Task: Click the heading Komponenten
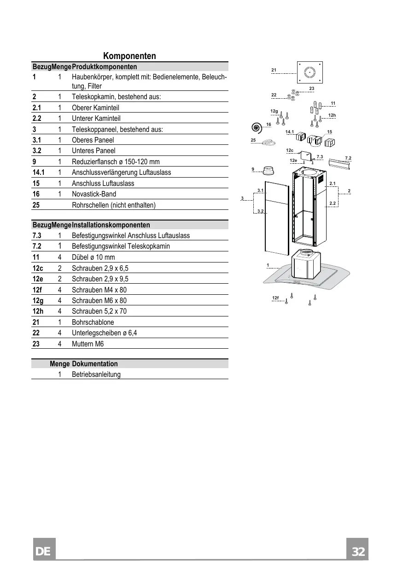coord(129,56)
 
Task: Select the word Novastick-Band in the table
coord(94,194)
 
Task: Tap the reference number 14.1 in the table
coord(39,173)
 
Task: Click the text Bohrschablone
coord(93,322)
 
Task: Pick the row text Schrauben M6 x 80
coord(99,300)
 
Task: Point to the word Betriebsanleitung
coord(96,374)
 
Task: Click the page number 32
coord(358,551)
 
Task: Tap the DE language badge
coord(44,551)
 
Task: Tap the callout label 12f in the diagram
coord(275,298)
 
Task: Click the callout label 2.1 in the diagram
coord(333,183)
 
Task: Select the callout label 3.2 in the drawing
coord(260,211)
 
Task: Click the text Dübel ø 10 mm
coord(93,257)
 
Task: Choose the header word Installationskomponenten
coord(111,225)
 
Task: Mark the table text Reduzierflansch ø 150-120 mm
coord(116,162)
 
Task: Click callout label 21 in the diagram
coord(274,70)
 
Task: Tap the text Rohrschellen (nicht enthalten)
coord(114,205)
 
